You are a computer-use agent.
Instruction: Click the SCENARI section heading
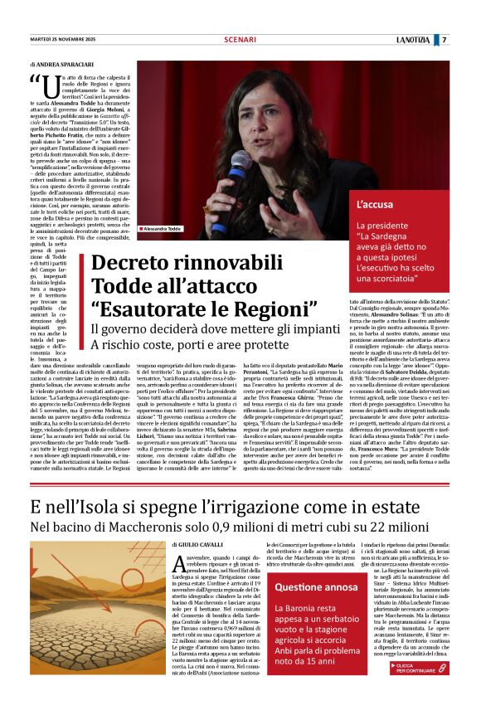[x=240, y=40]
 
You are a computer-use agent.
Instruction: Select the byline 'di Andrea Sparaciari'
[x=63, y=64]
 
